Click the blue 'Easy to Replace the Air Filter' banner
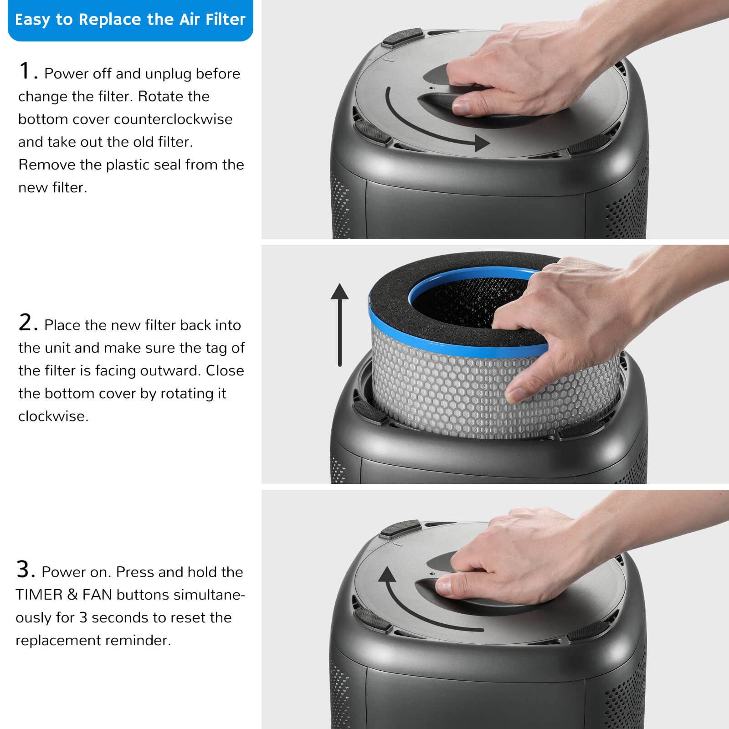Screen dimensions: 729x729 [130, 20]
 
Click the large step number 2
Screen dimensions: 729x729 [26, 323]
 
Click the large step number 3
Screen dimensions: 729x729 [25, 570]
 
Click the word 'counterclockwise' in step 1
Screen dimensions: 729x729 [173, 119]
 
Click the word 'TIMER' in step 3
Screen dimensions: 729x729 [39, 595]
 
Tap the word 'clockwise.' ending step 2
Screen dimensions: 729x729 [53, 416]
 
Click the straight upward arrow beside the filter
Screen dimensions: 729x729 [340, 323]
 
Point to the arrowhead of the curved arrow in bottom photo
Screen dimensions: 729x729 [388, 575]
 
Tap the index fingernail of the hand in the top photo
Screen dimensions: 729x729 [461, 108]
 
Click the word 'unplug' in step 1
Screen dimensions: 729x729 [169, 74]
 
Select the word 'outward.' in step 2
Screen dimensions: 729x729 [170, 371]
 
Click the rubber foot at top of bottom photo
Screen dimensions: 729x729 [400, 529]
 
